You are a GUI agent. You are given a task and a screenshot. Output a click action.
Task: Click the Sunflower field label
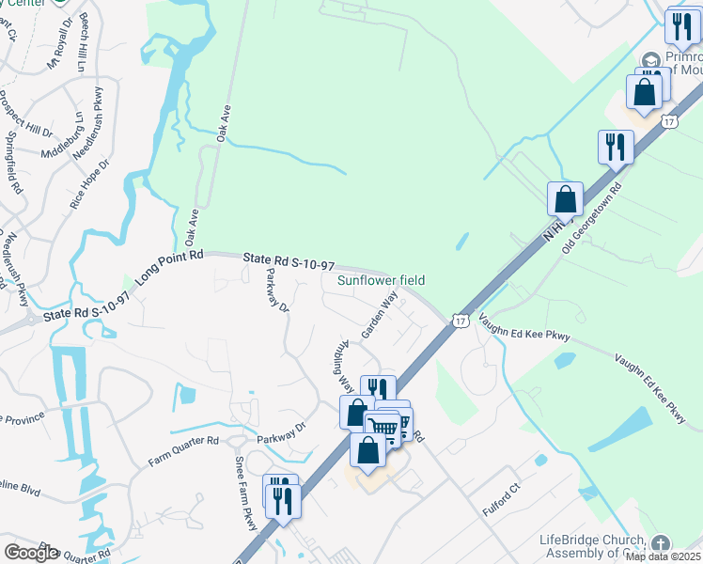tap(382, 280)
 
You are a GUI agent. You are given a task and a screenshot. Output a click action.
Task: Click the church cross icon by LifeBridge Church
tap(661, 543)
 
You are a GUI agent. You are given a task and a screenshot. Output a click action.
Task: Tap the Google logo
tap(30, 553)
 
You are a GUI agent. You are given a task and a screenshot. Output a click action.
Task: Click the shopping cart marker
tap(383, 427)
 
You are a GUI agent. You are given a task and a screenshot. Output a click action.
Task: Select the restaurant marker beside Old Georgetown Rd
tap(616, 146)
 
